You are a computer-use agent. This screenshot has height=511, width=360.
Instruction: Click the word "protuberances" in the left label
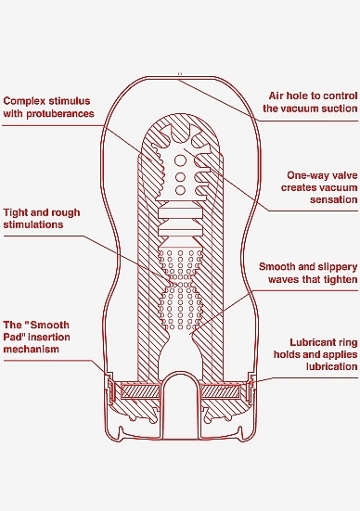[60, 114]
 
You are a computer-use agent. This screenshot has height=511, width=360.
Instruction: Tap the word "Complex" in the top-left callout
[24, 101]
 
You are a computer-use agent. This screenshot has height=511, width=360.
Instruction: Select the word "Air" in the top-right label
[276, 96]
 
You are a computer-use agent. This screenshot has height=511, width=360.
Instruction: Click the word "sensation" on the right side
[334, 199]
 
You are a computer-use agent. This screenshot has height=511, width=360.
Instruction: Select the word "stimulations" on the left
[32, 224]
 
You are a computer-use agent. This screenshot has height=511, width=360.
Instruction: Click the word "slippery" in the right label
[336, 267]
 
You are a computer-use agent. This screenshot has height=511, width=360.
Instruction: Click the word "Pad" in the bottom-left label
[12, 337]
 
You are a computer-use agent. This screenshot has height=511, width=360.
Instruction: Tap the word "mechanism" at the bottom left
[32, 350]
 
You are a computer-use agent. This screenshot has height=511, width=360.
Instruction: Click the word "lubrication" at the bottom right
[331, 366]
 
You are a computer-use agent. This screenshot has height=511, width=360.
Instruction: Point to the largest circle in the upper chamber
[180, 160]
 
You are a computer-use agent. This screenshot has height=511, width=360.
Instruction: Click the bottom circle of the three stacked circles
[180, 190]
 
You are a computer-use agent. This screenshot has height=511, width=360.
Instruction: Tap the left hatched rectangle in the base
[140, 391]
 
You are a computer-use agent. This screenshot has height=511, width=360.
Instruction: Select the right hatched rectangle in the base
[220, 391]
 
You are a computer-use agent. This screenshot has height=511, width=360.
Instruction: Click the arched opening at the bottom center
[180, 405]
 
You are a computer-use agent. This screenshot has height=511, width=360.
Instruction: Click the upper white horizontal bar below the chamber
[180, 213]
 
